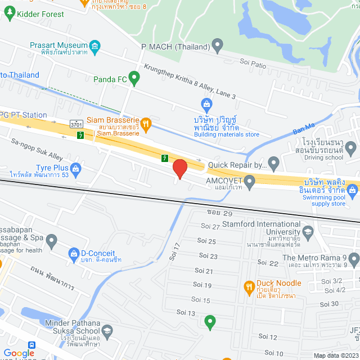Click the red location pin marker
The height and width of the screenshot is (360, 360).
point(179,169)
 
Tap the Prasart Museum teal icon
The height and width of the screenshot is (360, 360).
point(95,45)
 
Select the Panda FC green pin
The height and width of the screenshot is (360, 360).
point(134,78)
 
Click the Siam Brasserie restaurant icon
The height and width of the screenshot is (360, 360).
point(145,122)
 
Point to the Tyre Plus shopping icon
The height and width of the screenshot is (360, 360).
point(75,168)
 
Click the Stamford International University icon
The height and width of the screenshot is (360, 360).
point(308,231)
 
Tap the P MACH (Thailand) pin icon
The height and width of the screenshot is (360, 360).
point(218,46)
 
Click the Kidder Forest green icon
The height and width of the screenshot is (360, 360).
point(10,13)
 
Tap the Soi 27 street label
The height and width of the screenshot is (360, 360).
point(210,226)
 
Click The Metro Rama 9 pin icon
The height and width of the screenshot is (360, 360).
point(353,259)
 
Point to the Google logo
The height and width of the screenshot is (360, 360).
point(19,353)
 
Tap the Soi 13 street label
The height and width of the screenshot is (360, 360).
point(186,312)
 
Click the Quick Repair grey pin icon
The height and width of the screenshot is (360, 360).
point(274,164)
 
